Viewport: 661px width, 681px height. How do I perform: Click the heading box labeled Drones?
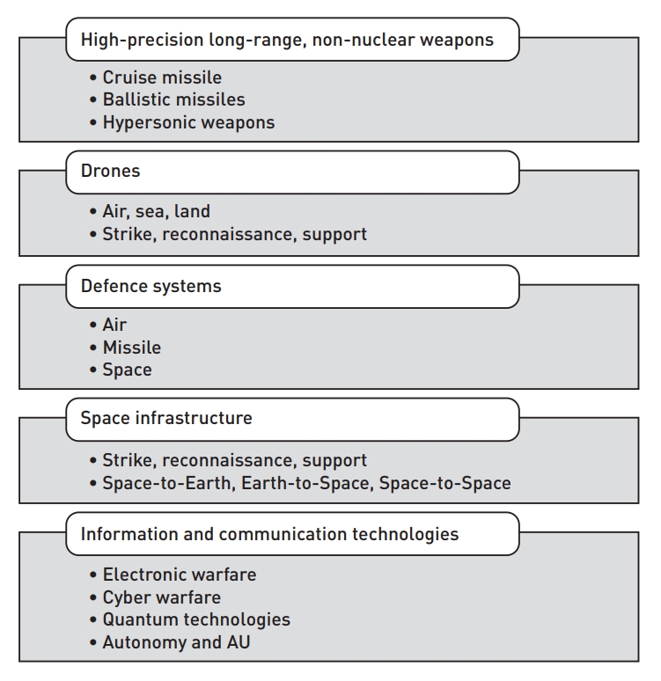[x=292, y=172]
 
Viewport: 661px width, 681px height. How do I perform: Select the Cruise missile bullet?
[x=162, y=77]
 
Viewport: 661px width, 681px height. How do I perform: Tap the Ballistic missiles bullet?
[x=173, y=99]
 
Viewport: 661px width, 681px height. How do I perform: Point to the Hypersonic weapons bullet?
[x=188, y=122]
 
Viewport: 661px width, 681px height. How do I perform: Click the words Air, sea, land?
[x=156, y=212]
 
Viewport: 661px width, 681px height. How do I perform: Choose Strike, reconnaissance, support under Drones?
[x=234, y=234]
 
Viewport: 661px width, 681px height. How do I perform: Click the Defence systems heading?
[x=292, y=286]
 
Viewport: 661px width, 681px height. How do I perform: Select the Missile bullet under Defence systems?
[x=131, y=348]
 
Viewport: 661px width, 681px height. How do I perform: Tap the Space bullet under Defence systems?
[x=127, y=370]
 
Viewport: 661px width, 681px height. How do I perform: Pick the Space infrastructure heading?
[x=292, y=418]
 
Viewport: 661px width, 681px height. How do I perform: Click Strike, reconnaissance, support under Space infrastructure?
[x=234, y=460]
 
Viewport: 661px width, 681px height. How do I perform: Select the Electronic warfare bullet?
[x=179, y=575]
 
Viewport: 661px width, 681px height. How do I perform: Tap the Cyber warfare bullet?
[x=161, y=597]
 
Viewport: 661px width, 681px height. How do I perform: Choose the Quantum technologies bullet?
[x=195, y=619]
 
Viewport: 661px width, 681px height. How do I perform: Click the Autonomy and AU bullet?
[x=176, y=642]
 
